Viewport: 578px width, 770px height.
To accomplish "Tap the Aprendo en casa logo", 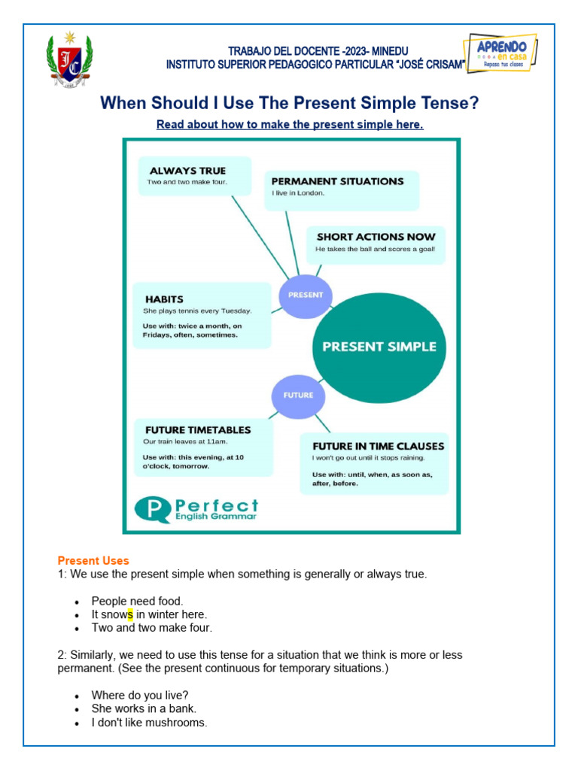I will pyautogui.click(x=503, y=53).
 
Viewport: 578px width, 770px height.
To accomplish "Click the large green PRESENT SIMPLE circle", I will pyautogui.click(x=379, y=347).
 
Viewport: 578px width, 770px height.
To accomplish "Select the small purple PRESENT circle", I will pyautogui.click(x=306, y=296).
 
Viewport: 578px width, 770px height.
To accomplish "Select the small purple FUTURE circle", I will pyautogui.click(x=299, y=395).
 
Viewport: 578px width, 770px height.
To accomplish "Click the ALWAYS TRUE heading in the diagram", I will pyautogui.click(x=187, y=171).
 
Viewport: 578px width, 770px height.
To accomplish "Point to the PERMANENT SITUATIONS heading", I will pyautogui.click(x=337, y=181).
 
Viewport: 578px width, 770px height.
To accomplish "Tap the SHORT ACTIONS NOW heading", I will pyautogui.click(x=376, y=237).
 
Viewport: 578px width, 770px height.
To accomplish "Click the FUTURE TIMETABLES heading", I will pyautogui.click(x=198, y=430).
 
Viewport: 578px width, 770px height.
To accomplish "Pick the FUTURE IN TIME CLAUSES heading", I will pyautogui.click(x=379, y=445).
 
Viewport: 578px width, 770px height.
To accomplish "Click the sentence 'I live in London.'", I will pyautogui.click(x=298, y=193).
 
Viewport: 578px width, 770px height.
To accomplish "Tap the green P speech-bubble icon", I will pyautogui.click(x=153, y=509).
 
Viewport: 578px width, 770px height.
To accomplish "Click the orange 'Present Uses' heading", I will pyautogui.click(x=93, y=561).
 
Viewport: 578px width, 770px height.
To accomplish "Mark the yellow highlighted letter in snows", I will pyautogui.click(x=130, y=614).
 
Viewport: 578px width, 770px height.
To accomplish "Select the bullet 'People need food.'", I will pyautogui.click(x=137, y=601).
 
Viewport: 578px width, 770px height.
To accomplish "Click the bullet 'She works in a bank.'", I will pyautogui.click(x=144, y=708).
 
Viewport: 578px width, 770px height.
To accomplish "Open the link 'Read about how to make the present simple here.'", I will pyautogui.click(x=290, y=125).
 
